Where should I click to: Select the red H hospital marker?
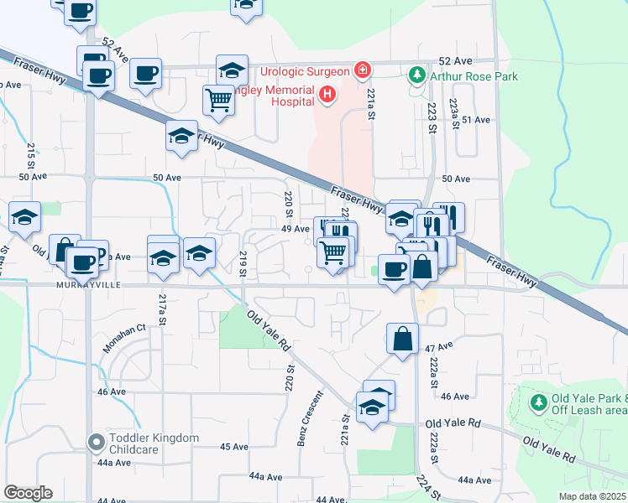pyautogui.click(x=327, y=96)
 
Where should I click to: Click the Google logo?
pyautogui.click(x=28, y=493)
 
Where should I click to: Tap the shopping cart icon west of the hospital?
pyautogui.click(x=218, y=100)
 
